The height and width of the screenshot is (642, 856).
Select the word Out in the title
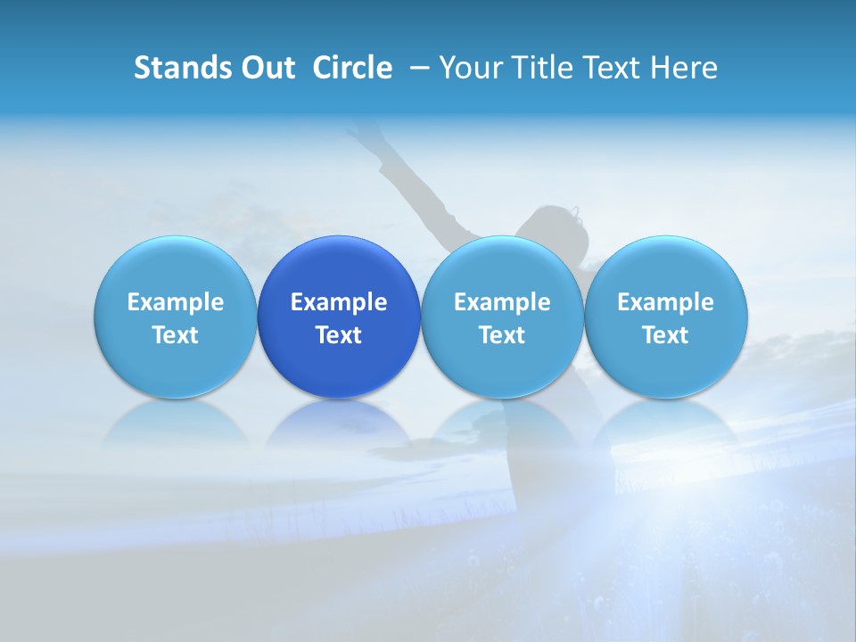tap(266, 68)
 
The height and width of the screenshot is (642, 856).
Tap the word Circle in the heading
tap(352, 68)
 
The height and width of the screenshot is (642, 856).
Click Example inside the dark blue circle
tap(339, 302)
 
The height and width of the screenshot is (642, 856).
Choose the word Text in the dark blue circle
tap(339, 335)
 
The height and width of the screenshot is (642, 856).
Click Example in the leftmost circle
tap(176, 302)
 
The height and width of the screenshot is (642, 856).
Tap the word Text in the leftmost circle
tap(176, 335)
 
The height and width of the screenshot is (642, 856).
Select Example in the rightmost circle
tap(665, 302)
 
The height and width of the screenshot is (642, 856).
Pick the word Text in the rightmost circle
tap(665, 335)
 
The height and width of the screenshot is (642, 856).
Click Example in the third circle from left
tap(502, 302)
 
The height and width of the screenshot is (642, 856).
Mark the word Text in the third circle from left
tap(502, 335)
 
